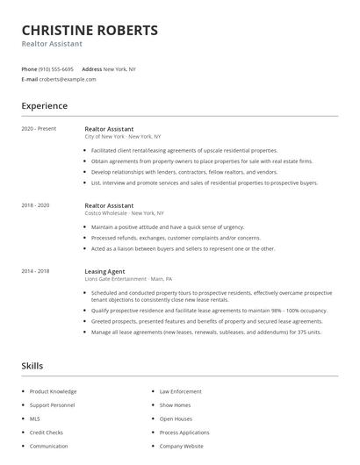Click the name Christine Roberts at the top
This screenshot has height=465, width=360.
point(90,30)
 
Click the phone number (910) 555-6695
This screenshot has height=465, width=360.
point(57,68)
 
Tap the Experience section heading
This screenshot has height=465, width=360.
point(44,106)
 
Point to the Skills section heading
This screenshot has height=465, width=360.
point(32,365)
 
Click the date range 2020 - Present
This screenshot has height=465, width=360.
point(39,129)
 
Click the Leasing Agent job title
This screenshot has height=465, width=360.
point(104,271)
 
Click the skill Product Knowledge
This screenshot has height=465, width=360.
point(53,391)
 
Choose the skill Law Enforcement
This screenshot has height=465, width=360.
point(181,391)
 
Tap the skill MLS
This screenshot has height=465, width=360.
point(35,418)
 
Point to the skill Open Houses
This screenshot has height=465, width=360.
point(176,418)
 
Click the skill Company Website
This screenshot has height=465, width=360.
point(181,446)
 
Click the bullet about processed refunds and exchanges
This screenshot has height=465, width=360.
point(176,238)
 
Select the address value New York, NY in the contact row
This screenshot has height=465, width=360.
point(119,68)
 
